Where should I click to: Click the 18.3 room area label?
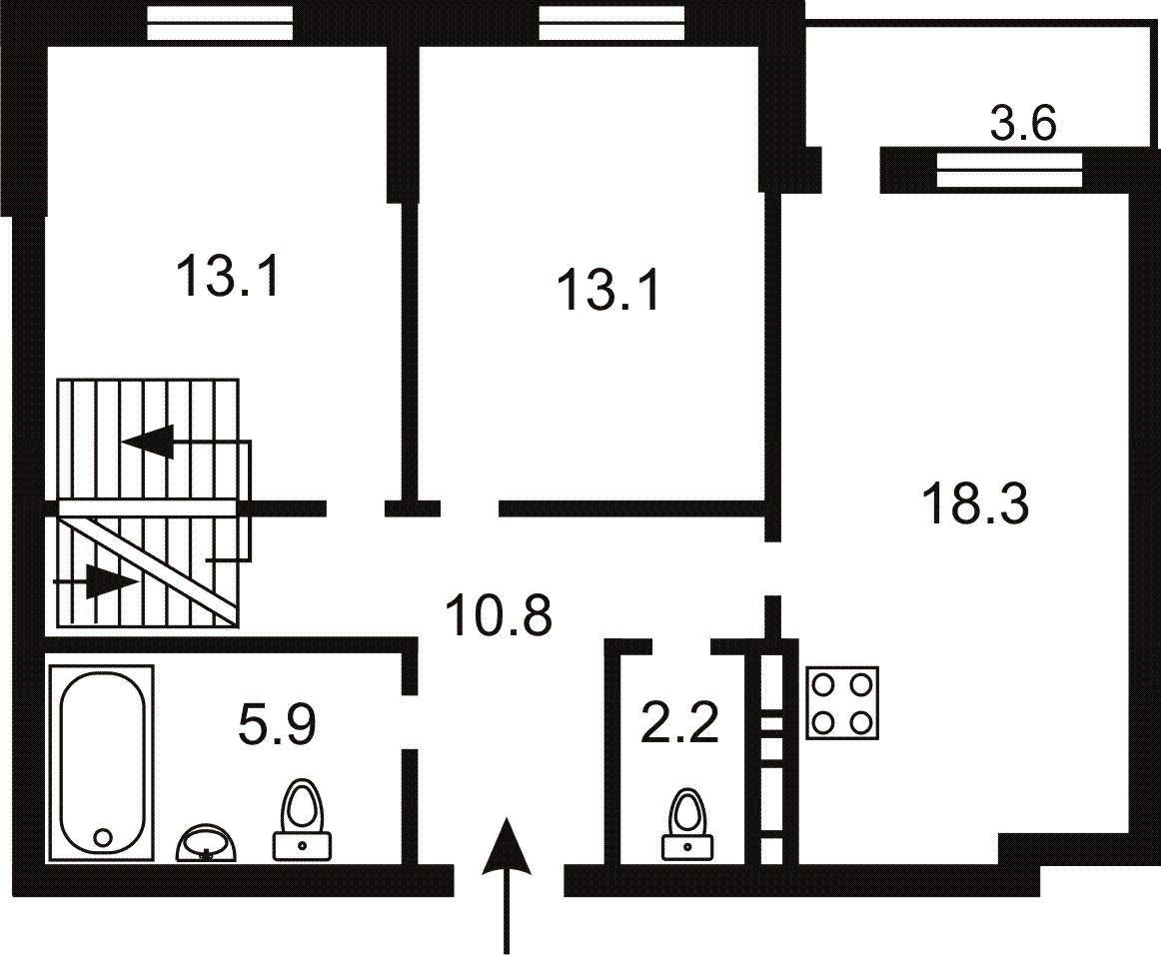coord(975,504)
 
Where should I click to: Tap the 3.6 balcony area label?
coord(1021,126)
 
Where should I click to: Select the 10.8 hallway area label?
coord(499,616)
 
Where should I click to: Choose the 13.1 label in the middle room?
coord(608,293)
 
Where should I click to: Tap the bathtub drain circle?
coord(102,837)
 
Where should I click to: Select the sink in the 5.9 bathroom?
coord(207,844)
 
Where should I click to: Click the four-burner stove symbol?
coord(842,702)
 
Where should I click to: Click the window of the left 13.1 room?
coord(221,23)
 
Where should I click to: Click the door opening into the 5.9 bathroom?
coord(410,721)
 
